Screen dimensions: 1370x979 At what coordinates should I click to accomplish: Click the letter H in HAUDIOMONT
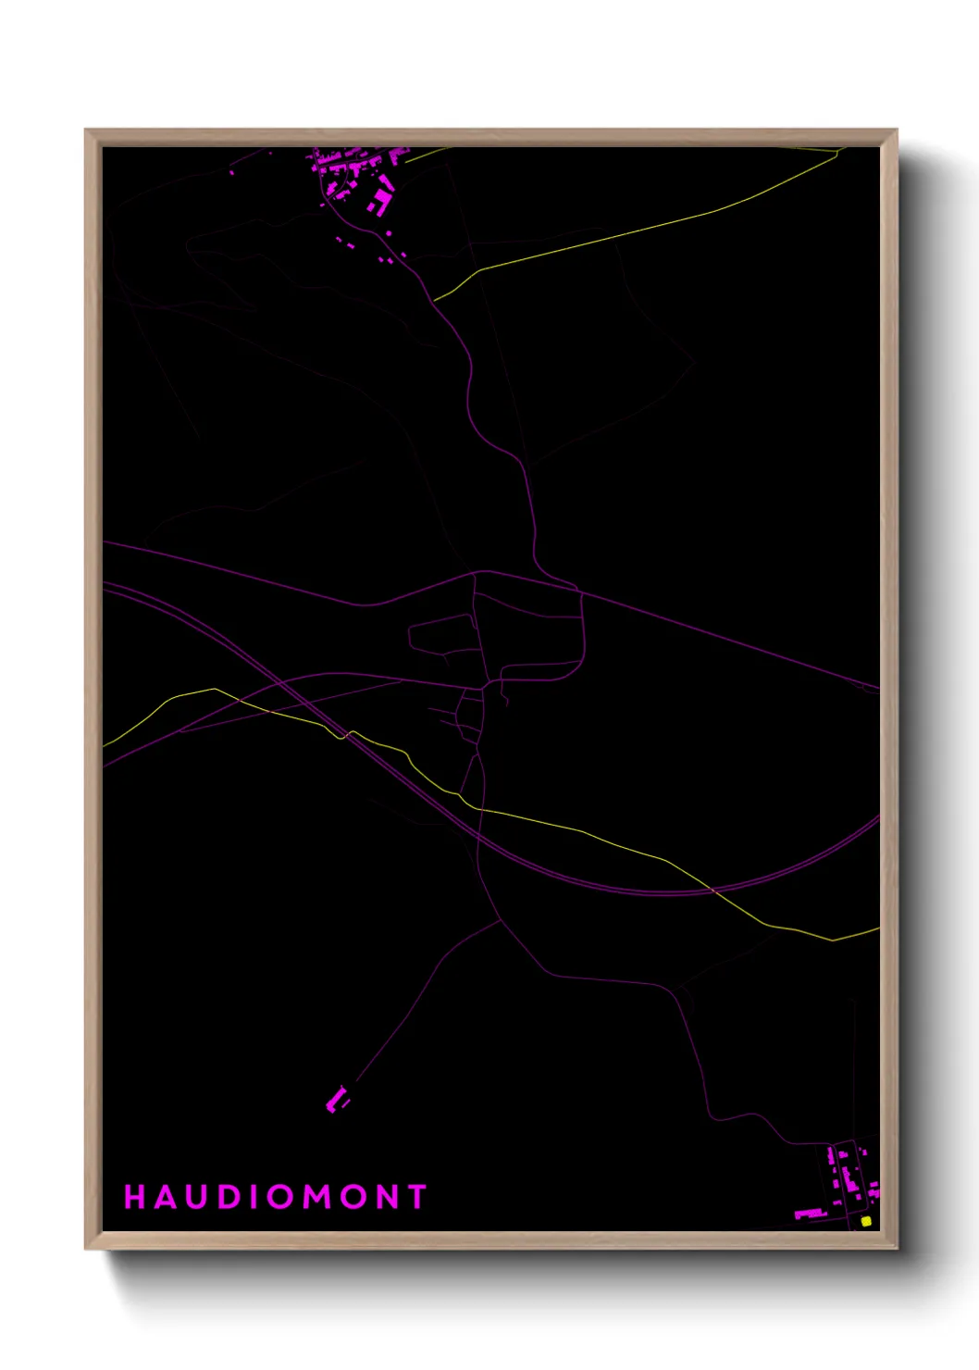[135, 1197]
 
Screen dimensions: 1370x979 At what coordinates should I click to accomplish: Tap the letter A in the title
[166, 1197]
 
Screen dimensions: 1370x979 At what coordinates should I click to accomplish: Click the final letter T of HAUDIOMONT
[416, 1197]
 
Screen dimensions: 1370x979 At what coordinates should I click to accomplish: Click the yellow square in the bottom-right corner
[866, 1221]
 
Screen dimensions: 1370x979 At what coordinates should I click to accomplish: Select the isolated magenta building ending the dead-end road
[336, 1101]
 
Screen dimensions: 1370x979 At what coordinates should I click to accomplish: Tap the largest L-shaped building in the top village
[380, 200]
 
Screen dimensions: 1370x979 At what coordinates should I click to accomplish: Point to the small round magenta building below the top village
[403, 255]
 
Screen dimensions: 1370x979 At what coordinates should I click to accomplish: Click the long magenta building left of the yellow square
[810, 1213]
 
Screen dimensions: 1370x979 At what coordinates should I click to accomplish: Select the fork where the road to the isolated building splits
[501, 920]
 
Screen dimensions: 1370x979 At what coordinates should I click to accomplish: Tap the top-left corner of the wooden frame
[86, 131]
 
